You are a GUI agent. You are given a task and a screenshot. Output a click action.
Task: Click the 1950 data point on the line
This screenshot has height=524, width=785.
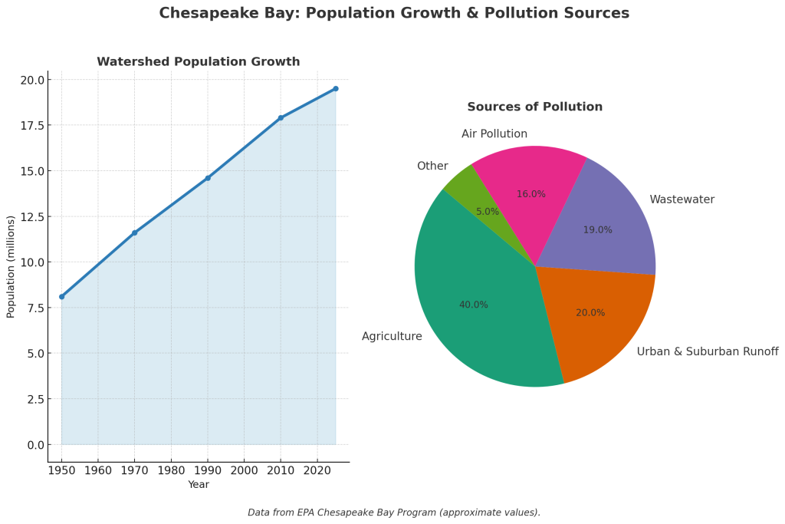(x=62, y=296)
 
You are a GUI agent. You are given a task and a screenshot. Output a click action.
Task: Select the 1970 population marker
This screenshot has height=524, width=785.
(x=135, y=232)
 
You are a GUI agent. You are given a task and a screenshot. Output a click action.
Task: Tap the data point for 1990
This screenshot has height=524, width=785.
(x=208, y=178)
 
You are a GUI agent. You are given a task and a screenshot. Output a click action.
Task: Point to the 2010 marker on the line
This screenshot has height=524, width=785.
(x=281, y=117)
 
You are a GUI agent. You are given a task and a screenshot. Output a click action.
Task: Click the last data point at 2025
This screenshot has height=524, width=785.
(x=335, y=88)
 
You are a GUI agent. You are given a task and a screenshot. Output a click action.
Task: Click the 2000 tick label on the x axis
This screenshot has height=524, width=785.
(x=244, y=470)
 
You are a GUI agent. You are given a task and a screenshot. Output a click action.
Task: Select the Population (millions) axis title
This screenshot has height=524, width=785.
(x=11, y=266)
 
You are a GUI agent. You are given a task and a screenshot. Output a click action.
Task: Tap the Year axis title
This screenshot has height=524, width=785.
(x=199, y=485)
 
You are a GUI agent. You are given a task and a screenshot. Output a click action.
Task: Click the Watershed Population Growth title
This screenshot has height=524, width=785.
(x=199, y=61)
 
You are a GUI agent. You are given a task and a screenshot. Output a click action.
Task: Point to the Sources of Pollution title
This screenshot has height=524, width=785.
(x=535, y=107)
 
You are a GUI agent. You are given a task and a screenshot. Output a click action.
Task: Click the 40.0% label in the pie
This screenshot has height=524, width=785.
(x=474, y=305)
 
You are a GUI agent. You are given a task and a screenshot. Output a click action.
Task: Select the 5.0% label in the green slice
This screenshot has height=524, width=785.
(x=488, y=212)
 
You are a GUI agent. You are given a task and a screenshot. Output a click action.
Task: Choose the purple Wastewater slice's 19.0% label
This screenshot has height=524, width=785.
(x=598, y=230)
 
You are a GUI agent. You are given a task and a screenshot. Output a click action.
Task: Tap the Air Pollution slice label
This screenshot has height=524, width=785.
(x=494, y=134)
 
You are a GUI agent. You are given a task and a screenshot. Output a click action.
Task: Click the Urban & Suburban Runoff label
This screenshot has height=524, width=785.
(x=708, y=351)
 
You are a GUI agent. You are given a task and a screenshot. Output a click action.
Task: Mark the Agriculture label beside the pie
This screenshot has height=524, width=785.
(x=392, y=336)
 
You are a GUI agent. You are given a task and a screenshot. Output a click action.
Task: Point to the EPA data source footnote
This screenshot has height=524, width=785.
(x=394, y=512)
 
